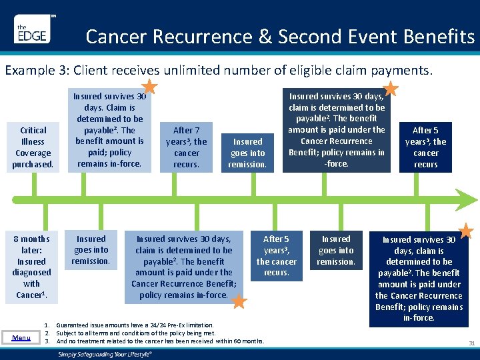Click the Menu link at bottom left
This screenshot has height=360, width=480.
click(21, 337)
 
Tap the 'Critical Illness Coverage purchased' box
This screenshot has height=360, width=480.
click(33, 147)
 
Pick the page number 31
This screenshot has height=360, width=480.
click(471, 343)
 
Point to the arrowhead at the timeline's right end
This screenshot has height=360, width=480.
click(472, 199)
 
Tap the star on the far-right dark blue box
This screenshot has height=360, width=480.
click(465, 231)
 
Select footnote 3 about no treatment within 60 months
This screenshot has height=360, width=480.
click(160, 341)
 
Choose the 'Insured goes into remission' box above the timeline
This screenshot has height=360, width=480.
click(248, 153)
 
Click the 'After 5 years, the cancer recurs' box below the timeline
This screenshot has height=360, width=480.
click(277, 255)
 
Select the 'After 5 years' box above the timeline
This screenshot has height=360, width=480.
click(425, 147)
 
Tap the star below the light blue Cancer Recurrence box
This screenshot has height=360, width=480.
click(239, 302)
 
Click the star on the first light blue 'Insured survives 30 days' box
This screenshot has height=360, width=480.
click(150, 86)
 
